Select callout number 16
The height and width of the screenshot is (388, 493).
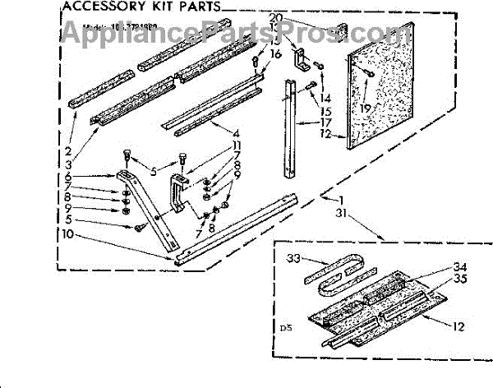click(x=275, y=53)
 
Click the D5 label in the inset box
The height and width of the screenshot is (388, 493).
click(x=285, y=329)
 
